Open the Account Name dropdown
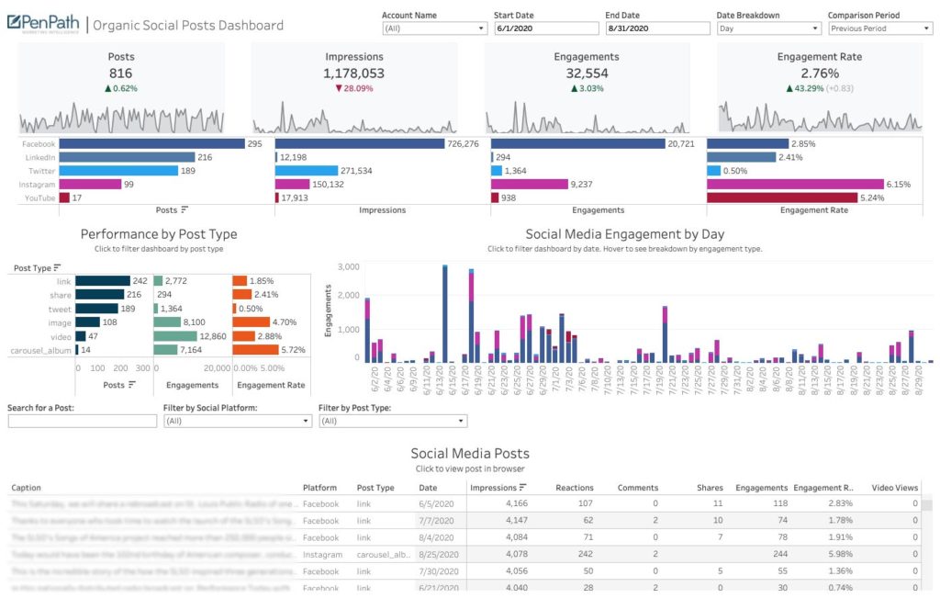(x=434, y=28)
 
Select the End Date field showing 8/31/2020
(x=657, y=28)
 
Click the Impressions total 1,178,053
(x=353, y=73)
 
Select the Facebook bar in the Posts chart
(x=151, y=144)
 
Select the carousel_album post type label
(x=40, y=350)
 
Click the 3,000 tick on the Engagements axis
(x=347, y=266)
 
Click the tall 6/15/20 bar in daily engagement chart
(x=444, y=312)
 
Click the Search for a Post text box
(x=83, y=422)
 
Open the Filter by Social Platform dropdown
(x=237, y=422)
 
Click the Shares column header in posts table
(x=709, y=488)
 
